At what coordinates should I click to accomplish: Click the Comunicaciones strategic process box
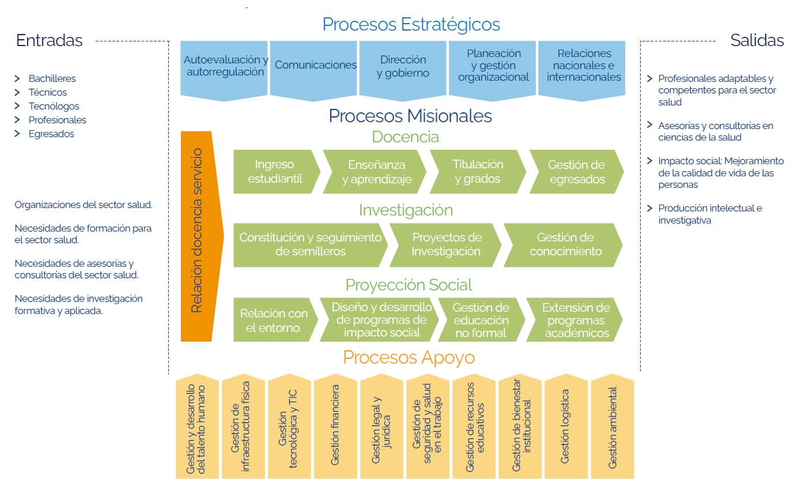coord(315,66)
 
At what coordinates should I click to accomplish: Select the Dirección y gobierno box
coord(403,66)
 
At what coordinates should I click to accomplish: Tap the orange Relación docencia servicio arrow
coord(197,230)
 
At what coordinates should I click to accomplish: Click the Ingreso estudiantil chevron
coord(275,172)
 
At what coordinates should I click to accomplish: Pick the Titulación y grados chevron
coord(478,172)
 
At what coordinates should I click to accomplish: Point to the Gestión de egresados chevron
coord(576,172)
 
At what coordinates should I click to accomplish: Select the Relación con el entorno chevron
coord(274,320)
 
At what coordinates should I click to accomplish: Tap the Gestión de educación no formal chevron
coord(481,320)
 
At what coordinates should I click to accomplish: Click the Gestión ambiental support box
coord(612,427)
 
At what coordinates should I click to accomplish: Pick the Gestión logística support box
coord(566,426)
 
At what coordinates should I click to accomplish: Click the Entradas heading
coord(50,40)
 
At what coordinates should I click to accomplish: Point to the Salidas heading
coord(756,40)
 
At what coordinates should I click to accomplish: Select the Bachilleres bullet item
coord(52,78)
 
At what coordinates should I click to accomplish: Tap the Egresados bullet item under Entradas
coord(51,134)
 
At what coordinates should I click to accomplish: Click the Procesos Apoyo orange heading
coord(408,358)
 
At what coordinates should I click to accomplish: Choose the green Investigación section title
coord(406,210)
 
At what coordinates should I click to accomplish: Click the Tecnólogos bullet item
coord(54,106)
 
